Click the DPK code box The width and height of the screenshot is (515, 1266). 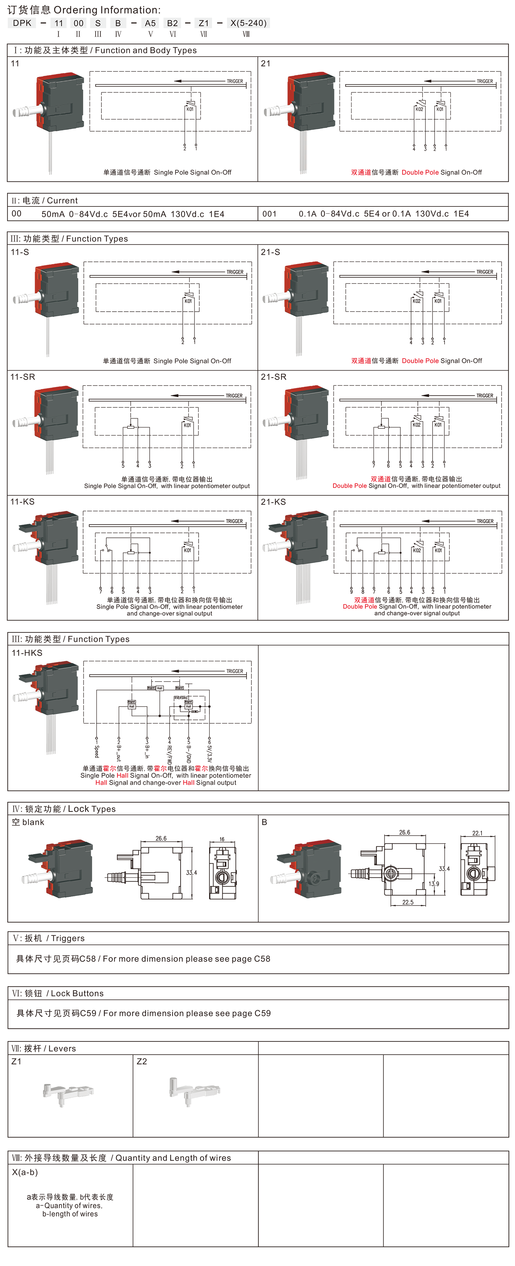click(x=22, y=23)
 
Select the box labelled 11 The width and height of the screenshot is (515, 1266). click(x=59, y=23)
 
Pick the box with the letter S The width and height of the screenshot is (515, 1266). click(x=98, y=23)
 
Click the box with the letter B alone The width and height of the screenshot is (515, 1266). click(x=118, y=23)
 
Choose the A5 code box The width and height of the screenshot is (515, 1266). click(x=150, y=23)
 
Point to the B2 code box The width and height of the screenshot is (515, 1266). click(x=172, y=23)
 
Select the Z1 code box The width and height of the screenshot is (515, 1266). click(x=204, y=23)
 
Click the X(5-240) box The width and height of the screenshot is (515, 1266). click(x=248, y=23)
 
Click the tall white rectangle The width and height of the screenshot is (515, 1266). click(x=414, y=718)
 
